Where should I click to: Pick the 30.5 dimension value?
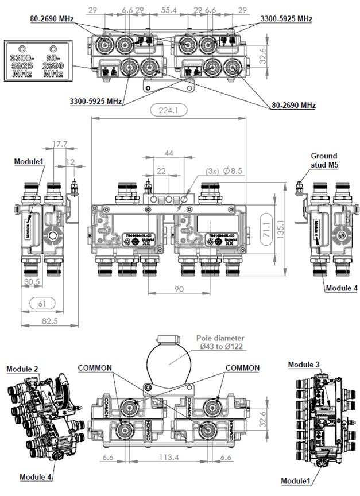pos(32,281)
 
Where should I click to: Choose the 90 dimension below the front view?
pos(180,289)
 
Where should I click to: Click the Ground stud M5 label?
pos(324,160)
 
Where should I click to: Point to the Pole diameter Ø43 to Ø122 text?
pos(220,343)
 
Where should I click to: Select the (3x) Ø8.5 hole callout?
pos(227,170)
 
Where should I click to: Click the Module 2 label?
pos(22,368)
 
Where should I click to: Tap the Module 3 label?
pos(304,365)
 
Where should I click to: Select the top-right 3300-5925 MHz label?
pos(286,19)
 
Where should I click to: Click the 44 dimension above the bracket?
pos(168,153)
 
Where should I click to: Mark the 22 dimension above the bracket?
pos(162,171)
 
